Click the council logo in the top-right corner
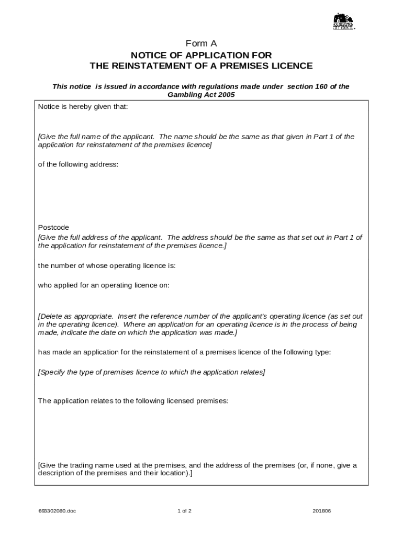pyautogui.click(x=343, y=22)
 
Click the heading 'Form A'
pyautogui.click(x=201, y=43)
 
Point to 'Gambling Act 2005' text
pyautogui.click(x=201, y=95)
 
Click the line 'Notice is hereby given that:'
pyautogui.click(x=83, y=106)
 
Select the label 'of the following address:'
pyautogui.click(x=78, y=164)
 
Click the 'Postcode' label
pyautogui.click(x=53, y=228)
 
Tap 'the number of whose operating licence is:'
pyautogui.click(x=107, y=265)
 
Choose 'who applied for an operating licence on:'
pyautogui.click(x=104, y=285)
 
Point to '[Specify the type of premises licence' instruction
pyautogui.click(x=99, y=372)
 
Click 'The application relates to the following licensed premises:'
pyautogui.click(x=133, y=401)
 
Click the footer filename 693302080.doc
pyautogui.click(x=57, y=511)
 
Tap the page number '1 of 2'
pyautogui.click(x=184, y=511)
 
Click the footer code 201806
pyautogui.click(x=321, y=511)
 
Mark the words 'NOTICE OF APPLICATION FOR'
pyautogui.click(x=201, y=55)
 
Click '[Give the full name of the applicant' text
pyautogui.click(x=96, y=137)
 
